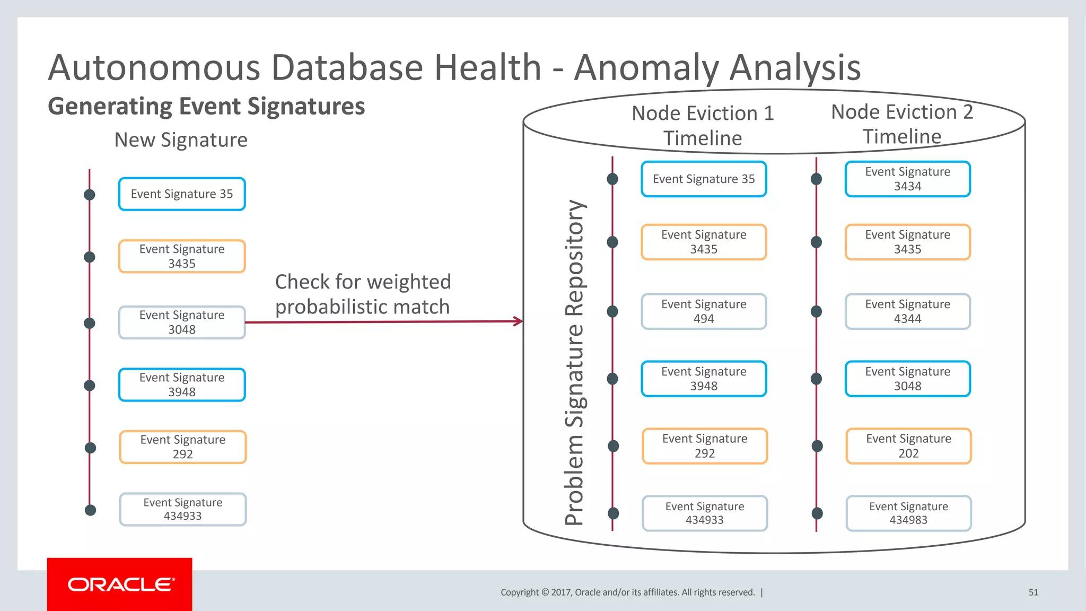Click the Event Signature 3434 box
click(x=907, y=179)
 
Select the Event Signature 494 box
click(x=704, y=311)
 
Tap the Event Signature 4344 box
click(x=907, y=311)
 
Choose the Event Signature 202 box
click(x=908, y=446)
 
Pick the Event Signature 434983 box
click(x=908, y=513)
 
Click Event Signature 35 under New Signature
click(x=182, y=194)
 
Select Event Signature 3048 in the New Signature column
click(x=182, y=322)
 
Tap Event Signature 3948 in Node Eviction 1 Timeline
click(x=704, y=379)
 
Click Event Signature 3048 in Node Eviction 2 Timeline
click(x=907, y=379)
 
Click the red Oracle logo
click(x=120, y=584)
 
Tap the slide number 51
click(x=1033, y=592)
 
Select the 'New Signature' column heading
click(x=181, y=140)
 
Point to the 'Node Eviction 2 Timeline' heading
click(x=902, y=124)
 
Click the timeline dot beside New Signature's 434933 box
click(x=91, y=510)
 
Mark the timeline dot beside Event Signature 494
click(x=612, y=311)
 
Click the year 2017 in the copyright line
click(x=560, y=592)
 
